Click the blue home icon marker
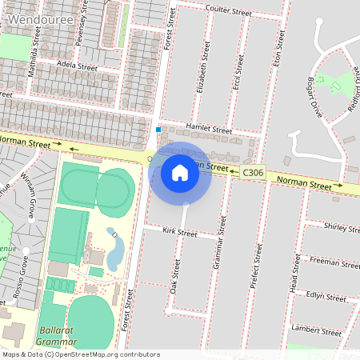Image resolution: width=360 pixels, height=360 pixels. [180, 172]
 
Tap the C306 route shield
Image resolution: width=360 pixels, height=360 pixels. [253, 172]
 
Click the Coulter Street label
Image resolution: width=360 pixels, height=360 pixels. [228, 11]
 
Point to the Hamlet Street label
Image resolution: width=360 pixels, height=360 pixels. [208, 130]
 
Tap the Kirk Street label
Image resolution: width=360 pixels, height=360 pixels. [179, 233]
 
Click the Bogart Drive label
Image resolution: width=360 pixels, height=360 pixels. [317, 97]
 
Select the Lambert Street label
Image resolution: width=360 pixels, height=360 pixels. [316, 330]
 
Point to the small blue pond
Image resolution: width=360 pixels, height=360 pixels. [114, 250]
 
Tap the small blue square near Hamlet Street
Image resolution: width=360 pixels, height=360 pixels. [158, 130]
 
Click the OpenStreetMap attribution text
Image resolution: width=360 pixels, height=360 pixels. [81, 354]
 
